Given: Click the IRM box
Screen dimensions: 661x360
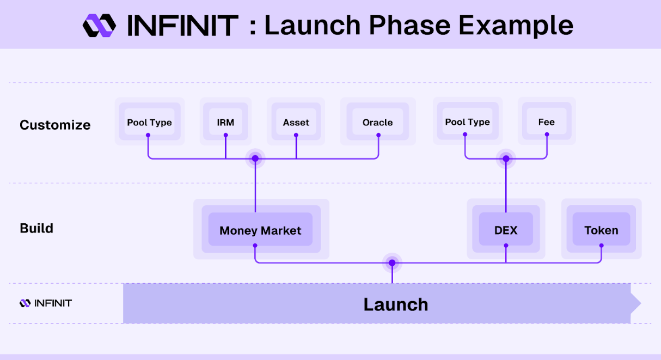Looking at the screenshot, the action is pos(225,121).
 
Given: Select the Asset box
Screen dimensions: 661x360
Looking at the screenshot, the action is pos(296,121).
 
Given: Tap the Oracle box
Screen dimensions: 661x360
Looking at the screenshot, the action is pos(378,121).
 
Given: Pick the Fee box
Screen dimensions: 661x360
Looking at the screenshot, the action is pos(547,121).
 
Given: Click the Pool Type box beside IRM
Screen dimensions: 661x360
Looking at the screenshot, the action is pos(149,121).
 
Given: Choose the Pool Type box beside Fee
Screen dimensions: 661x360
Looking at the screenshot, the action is pos(467,121).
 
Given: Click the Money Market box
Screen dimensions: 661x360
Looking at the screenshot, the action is pos(260,229).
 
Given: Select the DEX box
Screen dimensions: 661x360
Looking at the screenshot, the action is pos(506,229).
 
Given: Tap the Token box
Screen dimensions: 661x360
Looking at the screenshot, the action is pos(602,229).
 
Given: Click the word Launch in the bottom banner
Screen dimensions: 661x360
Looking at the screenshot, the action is pos(396,304).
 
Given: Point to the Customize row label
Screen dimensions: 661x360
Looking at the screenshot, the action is pos(55,125).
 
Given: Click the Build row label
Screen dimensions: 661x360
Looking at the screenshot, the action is pos(36,228).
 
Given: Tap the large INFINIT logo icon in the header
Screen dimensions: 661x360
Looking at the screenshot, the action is pos(99,26).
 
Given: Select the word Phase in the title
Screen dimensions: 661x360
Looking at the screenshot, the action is pos(409,26).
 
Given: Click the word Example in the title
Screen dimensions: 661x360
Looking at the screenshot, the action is pos(516,26).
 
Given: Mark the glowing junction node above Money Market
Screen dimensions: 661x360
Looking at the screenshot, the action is pos(255,158).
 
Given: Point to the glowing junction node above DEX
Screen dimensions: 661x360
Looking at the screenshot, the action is pos(506,158).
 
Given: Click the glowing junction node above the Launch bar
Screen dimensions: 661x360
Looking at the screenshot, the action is pos(392,263).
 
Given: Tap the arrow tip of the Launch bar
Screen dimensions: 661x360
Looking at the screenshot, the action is pos(641,303).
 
